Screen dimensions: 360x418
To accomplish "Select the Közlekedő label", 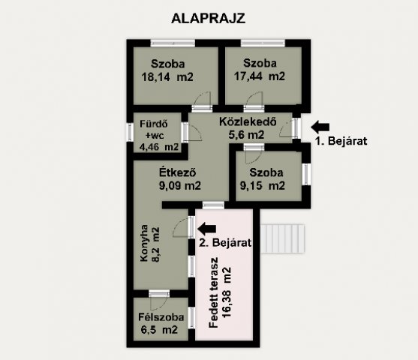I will (249, 121).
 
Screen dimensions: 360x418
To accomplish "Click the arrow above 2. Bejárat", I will (207, 226).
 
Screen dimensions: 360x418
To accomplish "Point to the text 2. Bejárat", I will (224, 242).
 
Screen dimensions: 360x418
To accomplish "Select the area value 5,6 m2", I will (247, 135).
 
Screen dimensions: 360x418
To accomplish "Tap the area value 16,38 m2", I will (226, 294).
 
